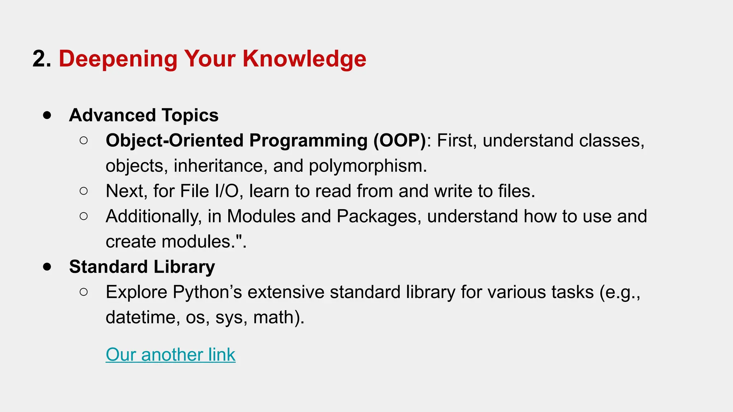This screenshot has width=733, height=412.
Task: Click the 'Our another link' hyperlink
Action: (170, 355)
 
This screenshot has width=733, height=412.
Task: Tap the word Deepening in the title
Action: (118, 59)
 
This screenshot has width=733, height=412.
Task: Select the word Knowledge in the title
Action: (304, 58)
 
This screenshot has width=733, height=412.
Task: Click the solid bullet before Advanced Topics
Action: (47, 116)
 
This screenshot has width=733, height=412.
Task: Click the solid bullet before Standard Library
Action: (47, 267)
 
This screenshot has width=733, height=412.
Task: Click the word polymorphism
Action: (367, 166)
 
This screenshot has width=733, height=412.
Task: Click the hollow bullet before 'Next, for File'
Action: (84, 191)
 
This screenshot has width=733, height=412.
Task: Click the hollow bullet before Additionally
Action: (84, 216)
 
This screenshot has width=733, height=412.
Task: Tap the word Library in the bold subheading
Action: (184, 267)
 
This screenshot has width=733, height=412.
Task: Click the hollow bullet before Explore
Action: (84, 292)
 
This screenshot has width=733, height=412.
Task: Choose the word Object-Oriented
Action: (175, 141)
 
